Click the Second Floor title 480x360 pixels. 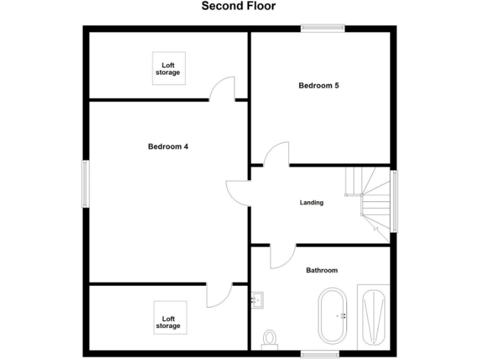238,6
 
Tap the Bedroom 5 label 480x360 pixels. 319,86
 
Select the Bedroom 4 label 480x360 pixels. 168,147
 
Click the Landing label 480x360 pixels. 311,202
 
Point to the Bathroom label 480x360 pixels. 321,270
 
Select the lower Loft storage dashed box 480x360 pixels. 167,317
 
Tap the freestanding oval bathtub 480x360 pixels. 332,316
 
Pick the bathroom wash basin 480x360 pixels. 257,299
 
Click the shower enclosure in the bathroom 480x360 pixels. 373,317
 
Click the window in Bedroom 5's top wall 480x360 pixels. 322,27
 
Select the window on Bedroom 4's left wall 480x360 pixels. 86,184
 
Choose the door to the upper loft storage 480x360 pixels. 222,89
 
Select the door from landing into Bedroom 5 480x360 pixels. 276,154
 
